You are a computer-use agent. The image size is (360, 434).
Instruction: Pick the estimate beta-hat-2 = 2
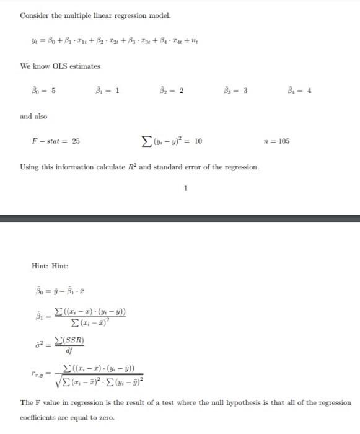point(172,91)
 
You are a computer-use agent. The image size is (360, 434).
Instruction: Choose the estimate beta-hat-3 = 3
point(236,91)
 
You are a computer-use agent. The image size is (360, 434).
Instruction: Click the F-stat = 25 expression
point(56,141)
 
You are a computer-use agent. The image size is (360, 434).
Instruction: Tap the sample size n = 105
point(276,141)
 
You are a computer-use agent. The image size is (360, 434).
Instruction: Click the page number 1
point(185,188)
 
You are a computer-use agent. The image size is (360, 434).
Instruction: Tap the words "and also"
point(33,116)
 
